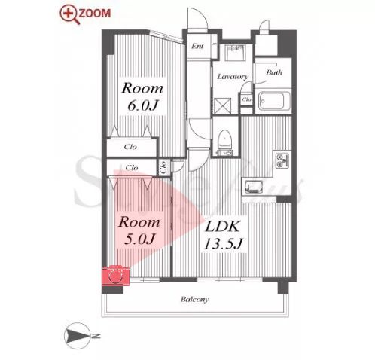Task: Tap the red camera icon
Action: coord(116,276)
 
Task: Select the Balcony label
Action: coord(194,299)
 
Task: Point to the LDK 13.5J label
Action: coord(223,235)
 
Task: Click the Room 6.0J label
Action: coord(142,96)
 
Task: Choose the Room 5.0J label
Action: coord(139,230)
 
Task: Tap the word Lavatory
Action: coord(233,77)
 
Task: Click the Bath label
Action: coord(274,72)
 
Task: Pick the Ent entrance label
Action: coord(197,46)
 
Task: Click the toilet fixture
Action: coord(224,142)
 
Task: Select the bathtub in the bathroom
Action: coord(274,101)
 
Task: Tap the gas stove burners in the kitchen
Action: coord(282,160)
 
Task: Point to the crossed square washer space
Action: coord(222,106)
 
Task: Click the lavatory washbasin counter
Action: coord(235,53)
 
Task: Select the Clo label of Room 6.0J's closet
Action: coord(130,147)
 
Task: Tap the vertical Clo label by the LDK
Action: coord(163,167)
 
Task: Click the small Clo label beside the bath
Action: coord(246,99)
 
